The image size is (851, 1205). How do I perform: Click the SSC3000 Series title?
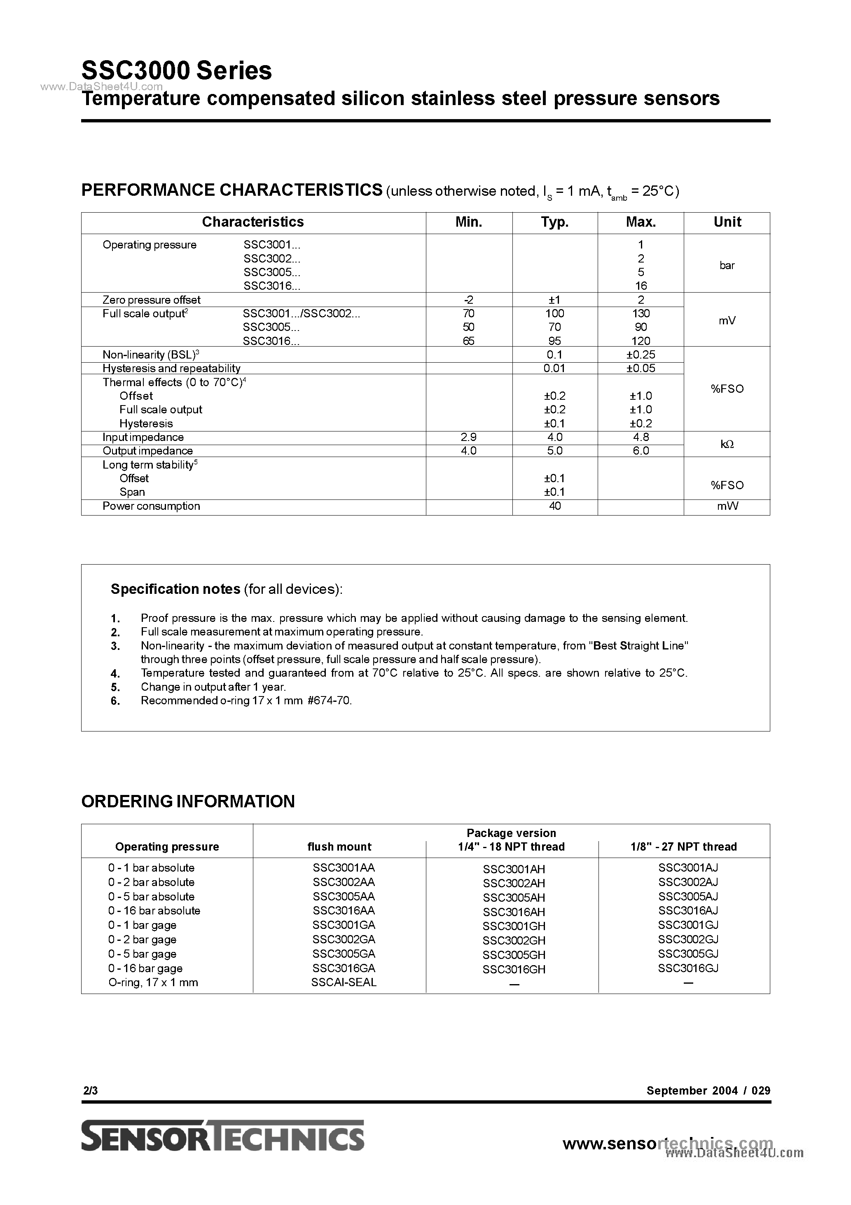[x=176, y=70]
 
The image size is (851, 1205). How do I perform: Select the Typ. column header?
[x=554, y=222]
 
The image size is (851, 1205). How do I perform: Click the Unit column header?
[x=727, y=222]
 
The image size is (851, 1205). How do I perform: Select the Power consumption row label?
[x=151, y=506]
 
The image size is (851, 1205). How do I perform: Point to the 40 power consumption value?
[x=554, y=506]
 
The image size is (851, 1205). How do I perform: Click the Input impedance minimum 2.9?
[x=468, y=437]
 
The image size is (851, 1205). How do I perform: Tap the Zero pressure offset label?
[x=151, y=300]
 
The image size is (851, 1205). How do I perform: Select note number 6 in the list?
[x=115, y=701]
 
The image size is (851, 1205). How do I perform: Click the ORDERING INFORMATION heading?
[x=188, y=802]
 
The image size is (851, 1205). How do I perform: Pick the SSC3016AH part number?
[x=514, y=912]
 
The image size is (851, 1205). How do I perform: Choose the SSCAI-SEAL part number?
[x=344, y=982]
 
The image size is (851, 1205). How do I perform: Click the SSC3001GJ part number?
[x=688, y=925]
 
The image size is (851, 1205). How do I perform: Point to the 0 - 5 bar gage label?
[x=142, y=954]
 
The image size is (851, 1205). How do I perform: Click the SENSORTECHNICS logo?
[x=222, y=1136]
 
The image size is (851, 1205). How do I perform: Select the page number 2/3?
[x=90, y=1090]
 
